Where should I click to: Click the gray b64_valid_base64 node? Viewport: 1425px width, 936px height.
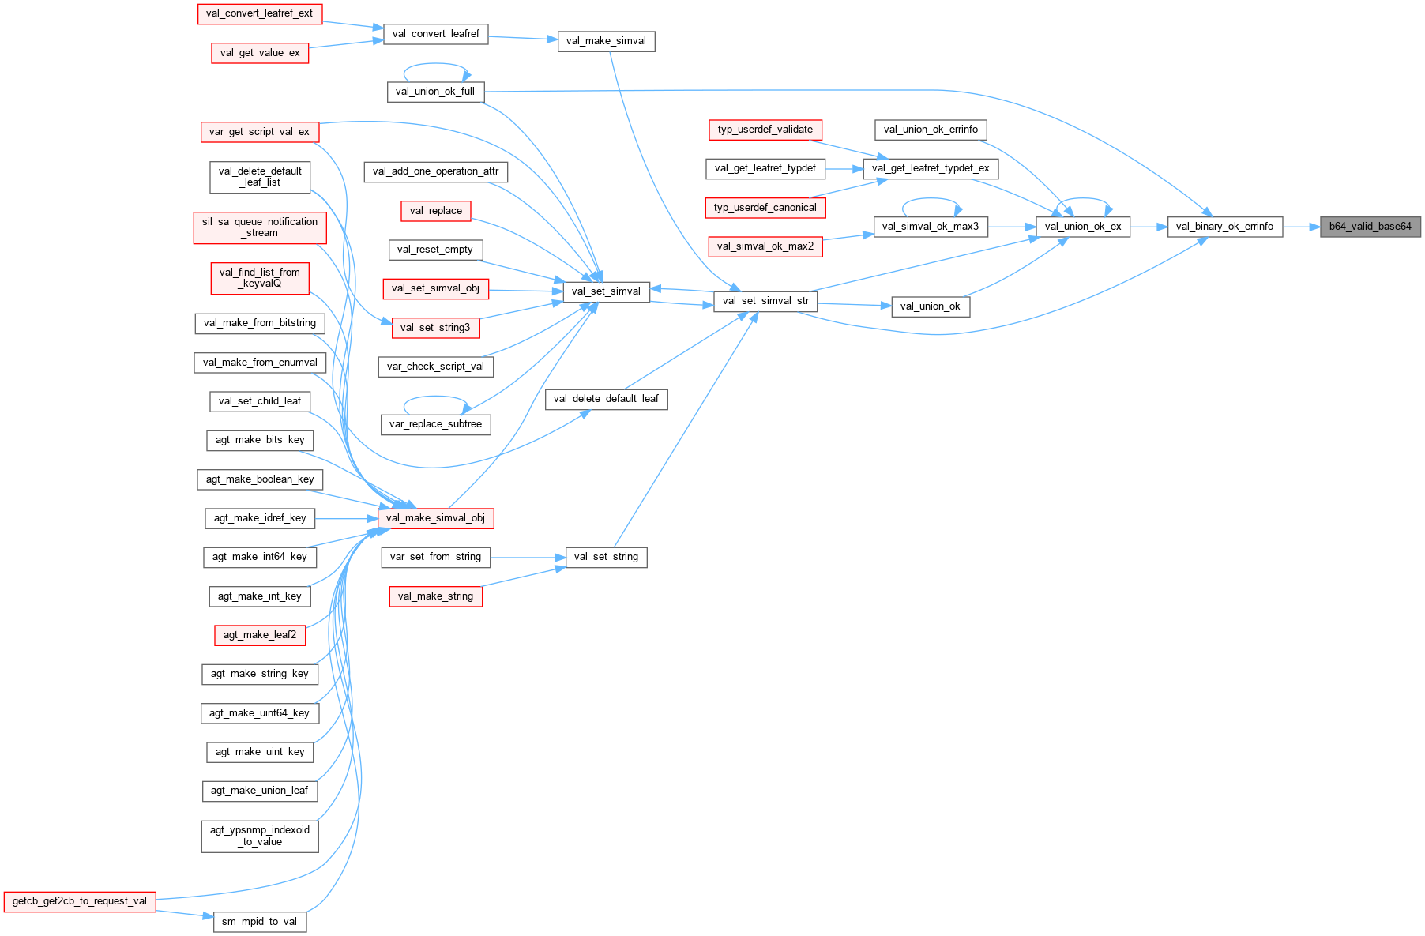(x=1370, y=227)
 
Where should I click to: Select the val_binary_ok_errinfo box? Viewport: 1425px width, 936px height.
(x=1224, y=227)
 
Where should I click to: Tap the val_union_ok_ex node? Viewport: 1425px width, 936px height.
(x=1083, y=227)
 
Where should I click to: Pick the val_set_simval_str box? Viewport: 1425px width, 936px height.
(x=765, y=301)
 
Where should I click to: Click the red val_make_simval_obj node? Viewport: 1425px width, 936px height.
(x=435, y=518)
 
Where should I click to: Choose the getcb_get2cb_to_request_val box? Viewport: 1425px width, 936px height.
(x=80, y=901)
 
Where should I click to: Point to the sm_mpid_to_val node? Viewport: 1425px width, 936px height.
(x=259, y=922)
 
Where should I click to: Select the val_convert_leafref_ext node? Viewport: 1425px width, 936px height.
(x=259, y=13)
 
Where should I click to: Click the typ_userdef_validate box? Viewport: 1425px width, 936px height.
(x=765, y=130)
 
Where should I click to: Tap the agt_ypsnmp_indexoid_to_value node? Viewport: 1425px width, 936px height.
(x=259, y=836)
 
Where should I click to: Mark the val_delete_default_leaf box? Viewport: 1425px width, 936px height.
(x=606, y=399)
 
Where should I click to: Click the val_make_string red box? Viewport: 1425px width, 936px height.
(x=435, y=596)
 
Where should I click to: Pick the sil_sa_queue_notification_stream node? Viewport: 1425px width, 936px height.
(x=259, y=227)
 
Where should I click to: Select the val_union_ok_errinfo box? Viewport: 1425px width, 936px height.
(x=931, y=130)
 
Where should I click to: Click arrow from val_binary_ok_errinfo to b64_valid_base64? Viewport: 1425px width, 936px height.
(x=1302, y=227)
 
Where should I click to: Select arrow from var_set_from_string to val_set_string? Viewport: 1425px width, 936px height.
(x=528, y=558)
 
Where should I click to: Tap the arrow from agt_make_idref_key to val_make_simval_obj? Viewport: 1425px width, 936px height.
(x=346, y=519)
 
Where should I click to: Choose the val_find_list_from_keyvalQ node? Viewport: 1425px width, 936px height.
(x=259, y=278)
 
